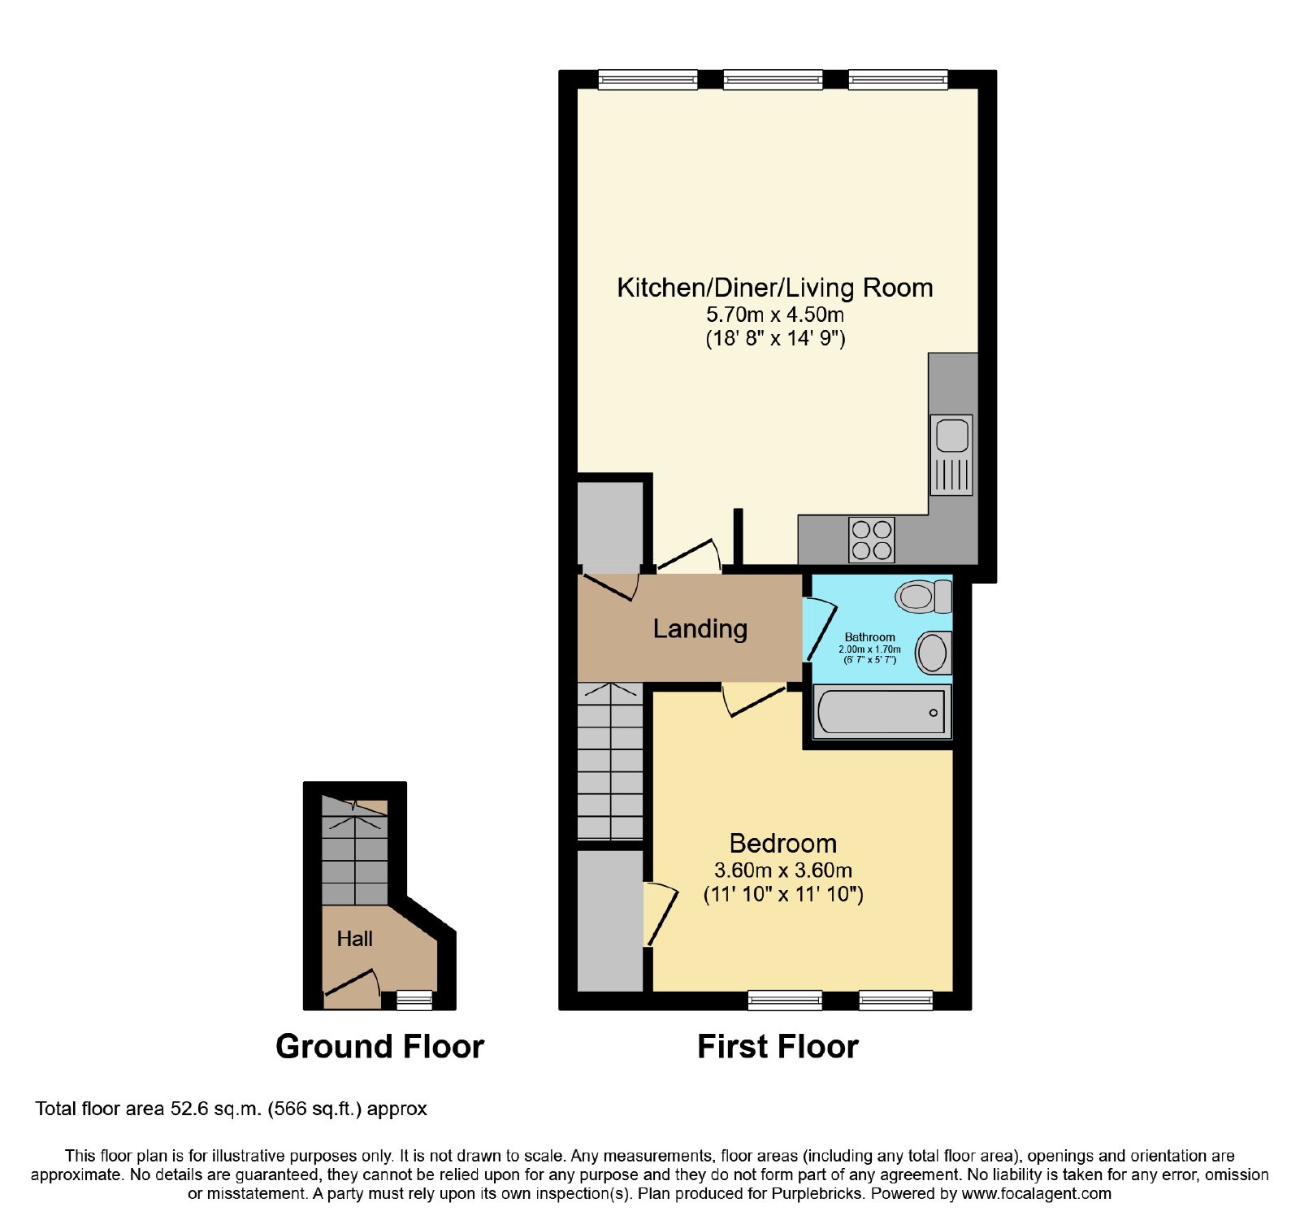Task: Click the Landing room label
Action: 700,629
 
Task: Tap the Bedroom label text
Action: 782,843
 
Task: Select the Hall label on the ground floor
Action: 354,939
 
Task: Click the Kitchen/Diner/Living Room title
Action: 775,287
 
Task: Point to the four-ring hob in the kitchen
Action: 872,540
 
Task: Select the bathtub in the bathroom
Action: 882,712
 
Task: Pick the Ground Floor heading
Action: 379,1046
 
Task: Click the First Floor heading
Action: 778,1046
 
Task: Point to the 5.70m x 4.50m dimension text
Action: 774,315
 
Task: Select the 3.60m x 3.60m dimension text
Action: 782,870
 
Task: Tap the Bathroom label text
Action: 869,637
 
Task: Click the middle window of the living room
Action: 773,80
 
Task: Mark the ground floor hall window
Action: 414,1001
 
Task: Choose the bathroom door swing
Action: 820,629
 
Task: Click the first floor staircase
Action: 610,762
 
